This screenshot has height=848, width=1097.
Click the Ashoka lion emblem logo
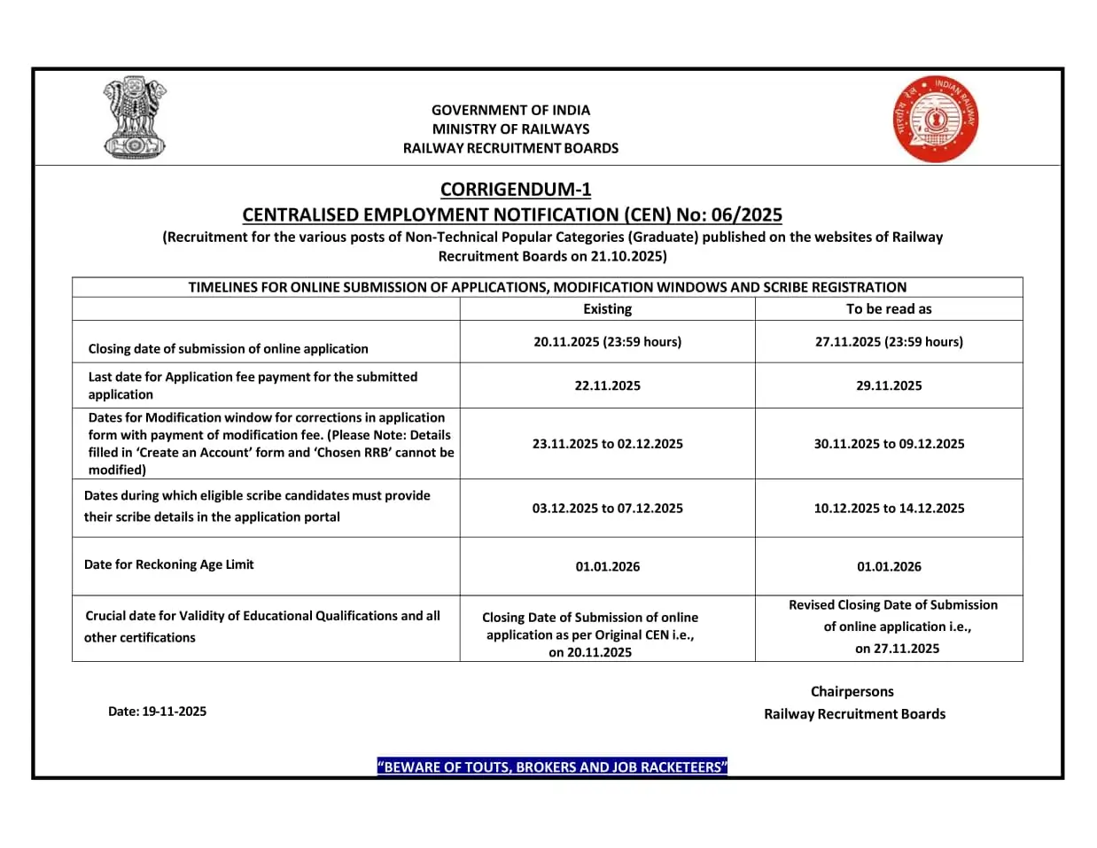point(135,118)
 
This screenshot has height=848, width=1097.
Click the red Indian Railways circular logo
point(936,120)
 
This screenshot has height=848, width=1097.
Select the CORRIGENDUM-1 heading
point(515,189)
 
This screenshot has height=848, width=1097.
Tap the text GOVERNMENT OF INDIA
point(510,110)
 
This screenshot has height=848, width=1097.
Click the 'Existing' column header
point(607,308)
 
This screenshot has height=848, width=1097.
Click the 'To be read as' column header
point(888,308)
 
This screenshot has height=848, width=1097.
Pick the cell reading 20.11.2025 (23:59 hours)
point(607,341)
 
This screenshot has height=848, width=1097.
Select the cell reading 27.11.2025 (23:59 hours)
point(889,341)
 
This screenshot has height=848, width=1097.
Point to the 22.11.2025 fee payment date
point(607,385)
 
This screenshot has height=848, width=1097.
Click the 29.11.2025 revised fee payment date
point(889,385)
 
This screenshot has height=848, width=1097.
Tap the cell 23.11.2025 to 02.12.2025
point(607,443)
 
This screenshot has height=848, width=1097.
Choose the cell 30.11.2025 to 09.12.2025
point(889,443)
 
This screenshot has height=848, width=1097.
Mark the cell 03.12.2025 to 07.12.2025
point(607,508)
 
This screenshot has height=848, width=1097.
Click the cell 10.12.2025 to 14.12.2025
point(889,508)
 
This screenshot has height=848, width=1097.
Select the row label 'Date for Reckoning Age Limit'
point(168,564)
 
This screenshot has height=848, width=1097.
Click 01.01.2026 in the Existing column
point(607,566)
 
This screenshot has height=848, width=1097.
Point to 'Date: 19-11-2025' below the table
point(157,711)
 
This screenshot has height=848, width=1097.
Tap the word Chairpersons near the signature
point(852,691)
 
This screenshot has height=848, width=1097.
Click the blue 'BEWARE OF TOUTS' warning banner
point(551,766)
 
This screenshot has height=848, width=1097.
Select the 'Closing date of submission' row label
point(228,348)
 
